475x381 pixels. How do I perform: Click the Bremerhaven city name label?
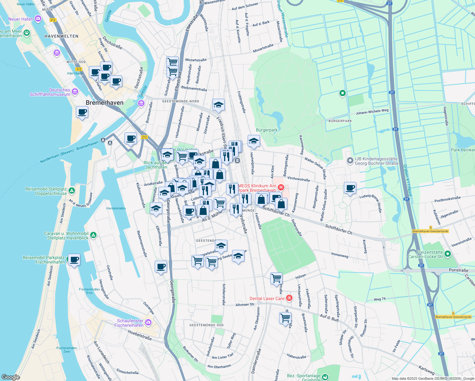(x=104, y=103)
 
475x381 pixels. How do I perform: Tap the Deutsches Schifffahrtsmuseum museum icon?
(x=75, y=92)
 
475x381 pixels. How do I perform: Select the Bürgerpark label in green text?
(x=267, y=130)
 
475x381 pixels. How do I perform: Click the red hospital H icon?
(x=280, y=188)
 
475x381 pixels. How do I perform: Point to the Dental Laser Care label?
(x=267, y=298)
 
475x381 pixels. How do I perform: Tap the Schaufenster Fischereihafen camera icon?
(x=148, y=323)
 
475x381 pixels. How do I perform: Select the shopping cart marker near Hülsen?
(x=276, y=278)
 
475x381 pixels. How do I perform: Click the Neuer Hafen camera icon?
(x=38, y=19)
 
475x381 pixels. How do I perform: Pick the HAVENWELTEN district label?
(x=61, y=36)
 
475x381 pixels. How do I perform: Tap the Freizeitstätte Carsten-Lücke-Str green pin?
(x=448, y=254)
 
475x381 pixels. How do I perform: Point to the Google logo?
(x=10, y=377)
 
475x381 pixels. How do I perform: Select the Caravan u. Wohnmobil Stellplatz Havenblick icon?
(x=93, y=235)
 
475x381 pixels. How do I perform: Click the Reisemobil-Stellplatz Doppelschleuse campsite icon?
(x=72, y=191)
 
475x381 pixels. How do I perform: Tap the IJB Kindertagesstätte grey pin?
(x=350, y=161)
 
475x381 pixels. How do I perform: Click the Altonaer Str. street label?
(x=245, y=304)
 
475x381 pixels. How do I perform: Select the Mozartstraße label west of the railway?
(x=196, y=60)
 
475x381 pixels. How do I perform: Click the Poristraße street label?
(x=458, y=270)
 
